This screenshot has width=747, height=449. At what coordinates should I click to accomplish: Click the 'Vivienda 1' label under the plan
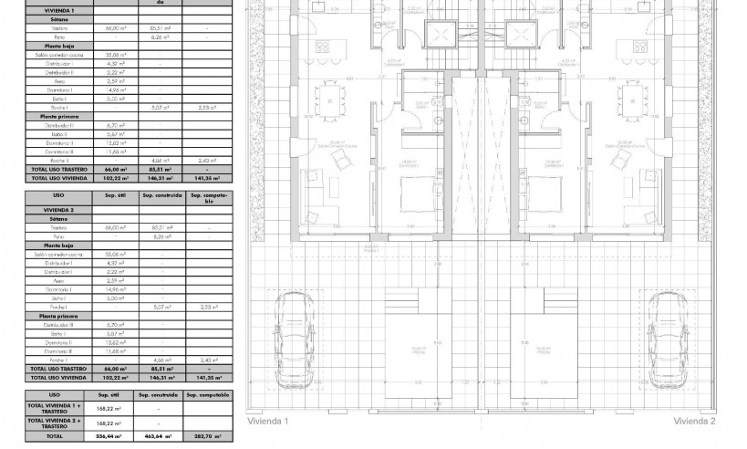267,422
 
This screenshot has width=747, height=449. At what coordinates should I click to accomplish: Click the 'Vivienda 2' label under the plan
695,422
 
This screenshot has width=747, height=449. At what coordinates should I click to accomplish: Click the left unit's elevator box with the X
441,37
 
